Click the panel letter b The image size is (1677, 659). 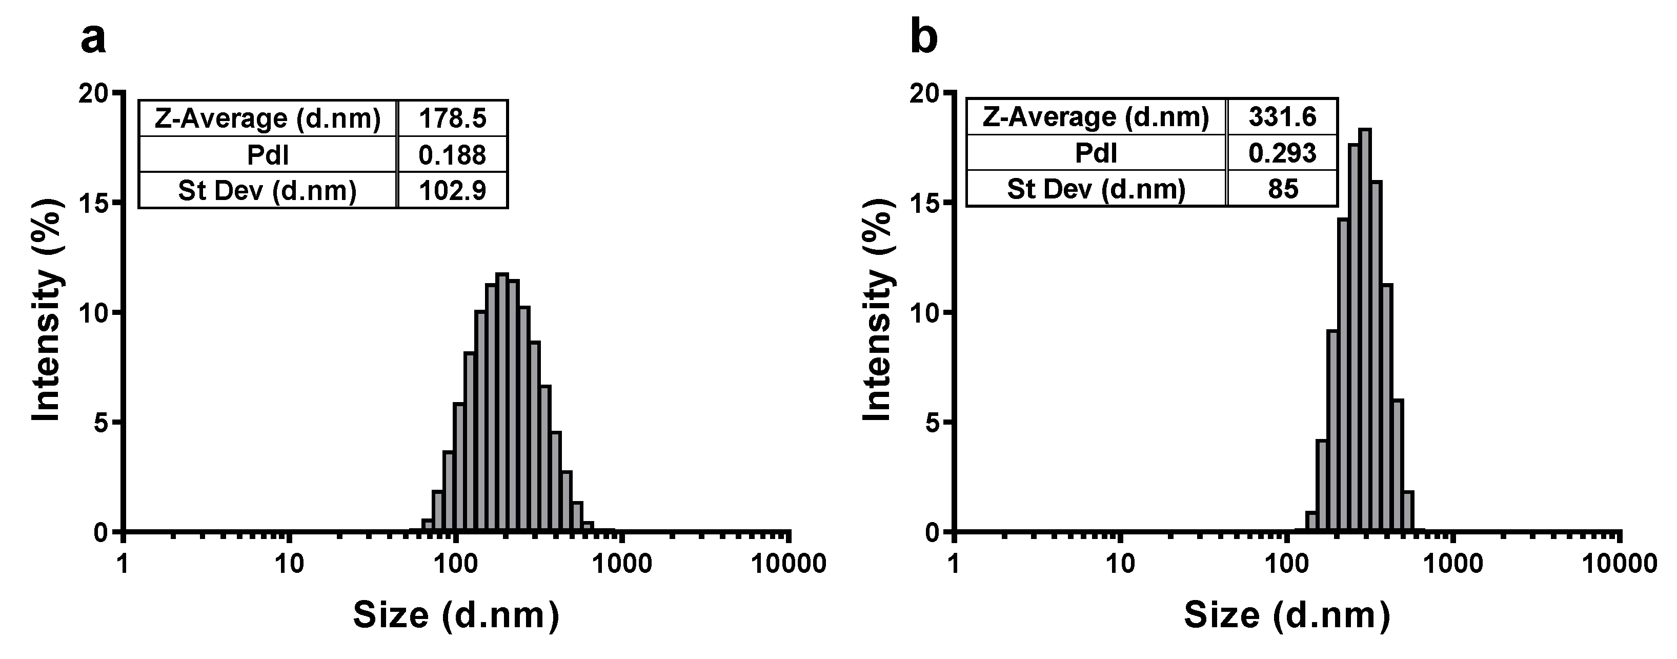tap(923, 38)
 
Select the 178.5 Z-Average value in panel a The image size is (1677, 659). tap(453, 118)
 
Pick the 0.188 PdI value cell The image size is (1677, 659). tap(453, 155)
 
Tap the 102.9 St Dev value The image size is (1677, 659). tap(453, 191)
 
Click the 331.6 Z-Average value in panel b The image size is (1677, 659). tap(1283, 117)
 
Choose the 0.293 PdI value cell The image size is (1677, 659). tap(1283, 153)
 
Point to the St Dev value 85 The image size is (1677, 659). tap(1283, 189)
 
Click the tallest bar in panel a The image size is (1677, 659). tap(502, 404)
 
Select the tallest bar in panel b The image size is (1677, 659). tap(1365, 332)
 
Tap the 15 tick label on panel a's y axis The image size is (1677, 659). tap(95, 203)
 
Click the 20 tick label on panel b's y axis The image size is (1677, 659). tap(925, 94)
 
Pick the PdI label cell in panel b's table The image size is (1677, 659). tap(1096, 153)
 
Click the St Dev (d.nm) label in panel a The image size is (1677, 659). tap(268, 191)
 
